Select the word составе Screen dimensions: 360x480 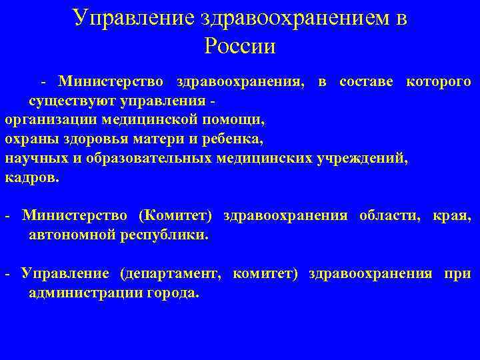367,82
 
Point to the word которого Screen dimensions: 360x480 437,82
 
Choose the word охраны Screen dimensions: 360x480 30,140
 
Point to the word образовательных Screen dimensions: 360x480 144,159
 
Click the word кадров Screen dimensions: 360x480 31,179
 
